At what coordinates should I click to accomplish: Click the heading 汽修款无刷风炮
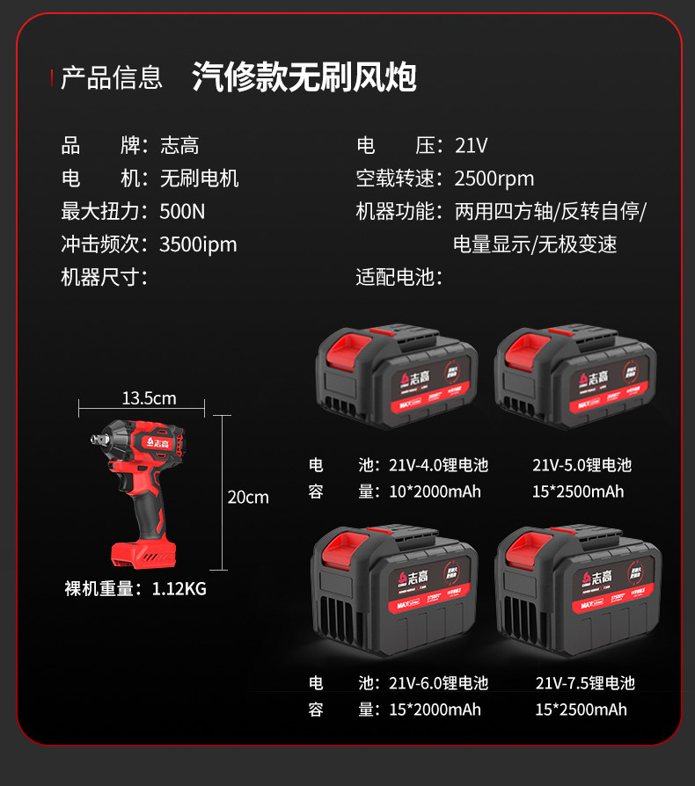pyautogui.click(x=304, y=77)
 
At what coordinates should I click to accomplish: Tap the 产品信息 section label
pyautogui.click(x=112, y=77)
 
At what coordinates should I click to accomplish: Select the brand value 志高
pyautogui.click(x=179, y=146)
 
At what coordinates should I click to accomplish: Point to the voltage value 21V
pyautogui.click(x=471, y=146)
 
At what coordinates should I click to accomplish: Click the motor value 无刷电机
pyautogui.click(x=199, y=178)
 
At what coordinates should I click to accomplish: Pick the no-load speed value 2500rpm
pyautogui.click(x=494, y=178)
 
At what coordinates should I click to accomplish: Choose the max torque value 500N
pyautogui.click(x=182, y=211)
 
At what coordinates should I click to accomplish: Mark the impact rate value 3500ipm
pyautogui.click(x=198, y=244)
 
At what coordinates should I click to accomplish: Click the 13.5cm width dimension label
pyautogui.click(x=149, y=398)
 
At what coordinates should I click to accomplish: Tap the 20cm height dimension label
pyautogui.click(x=248, y=498)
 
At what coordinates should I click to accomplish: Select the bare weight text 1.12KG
pyautogui.click(x=179, y=589)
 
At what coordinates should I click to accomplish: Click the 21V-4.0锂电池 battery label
pyautogui.click(x=438, y=465)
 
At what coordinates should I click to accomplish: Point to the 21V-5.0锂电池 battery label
pyautogui.click(x=582, y=465)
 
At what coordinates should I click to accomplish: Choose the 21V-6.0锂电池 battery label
pyautogui.click(x=438, y=683)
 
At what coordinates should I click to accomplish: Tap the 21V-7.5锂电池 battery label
pyautogui.click(x=585, y=683)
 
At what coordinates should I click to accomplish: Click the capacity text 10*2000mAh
pyautogui.click(x=435, y=491)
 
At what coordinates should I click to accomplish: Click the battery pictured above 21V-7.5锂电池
pyautogui.click(x=577, y=590)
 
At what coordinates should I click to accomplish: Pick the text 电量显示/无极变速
pyautogui.click(x=535, y=244)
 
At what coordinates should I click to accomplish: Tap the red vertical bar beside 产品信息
pyautogui.click(x=52, y=77)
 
